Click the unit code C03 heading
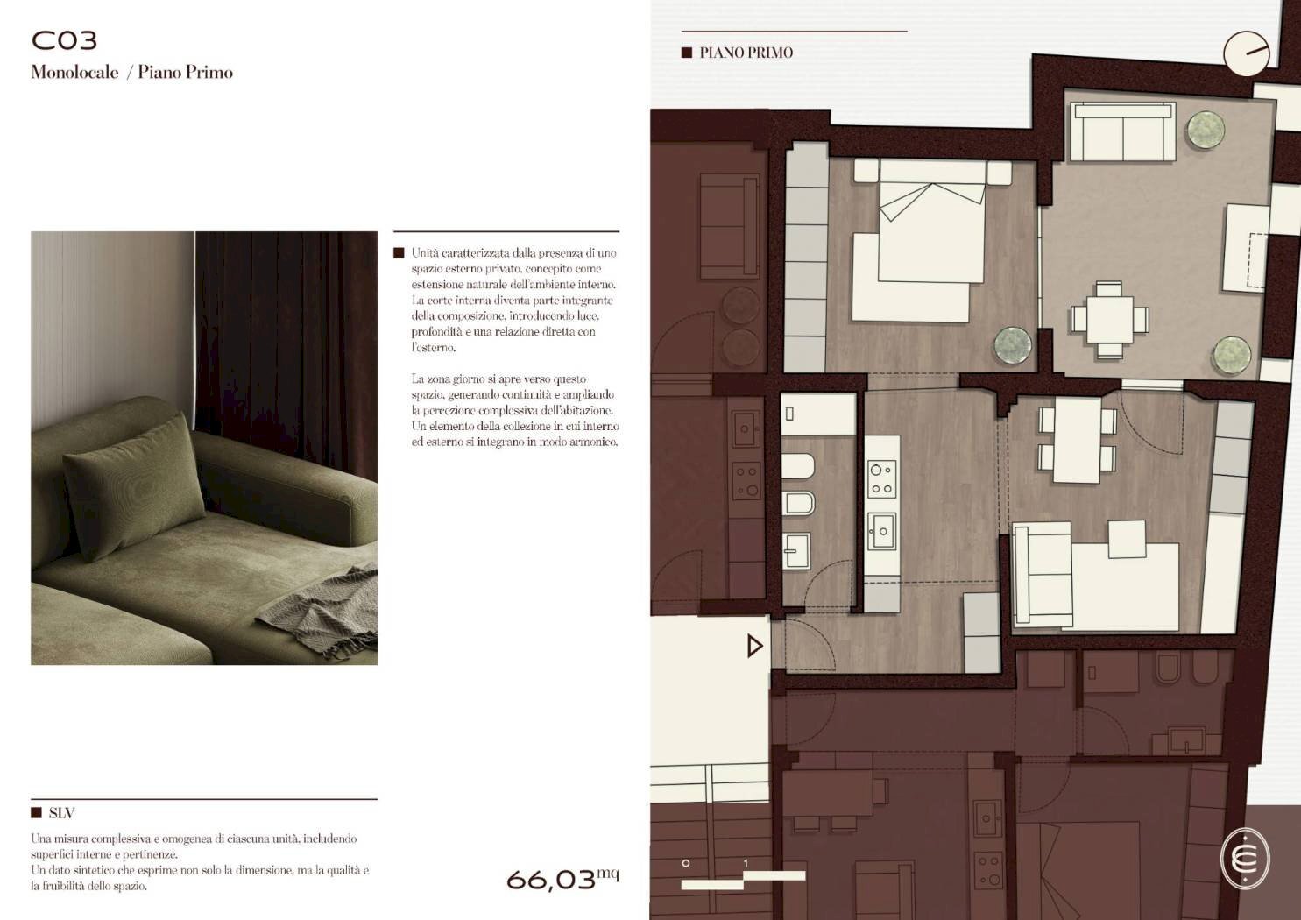click(x=64, y=40)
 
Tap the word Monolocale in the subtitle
click(x=75, y=73)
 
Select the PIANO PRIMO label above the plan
click(x=746, y=53)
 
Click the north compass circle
click(x=1247, y=53)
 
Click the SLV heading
click(x=61, y=813)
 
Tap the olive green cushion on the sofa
click(x=133, y=486)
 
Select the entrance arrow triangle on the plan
click(x=754, y=646)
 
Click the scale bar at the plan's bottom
click(x=743, y=880)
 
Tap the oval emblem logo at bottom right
click(x=1245, y=859)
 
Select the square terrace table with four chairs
click(x=1110, y=320)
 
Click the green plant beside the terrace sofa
click(x=1206, y=130)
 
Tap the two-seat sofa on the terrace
click(x=1122, y=131)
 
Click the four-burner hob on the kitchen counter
click(x=881, y=479)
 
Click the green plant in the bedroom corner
click(x=1013, y=345)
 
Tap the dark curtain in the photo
click(x=286, y=354)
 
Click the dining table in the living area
click(x=1078, y=440)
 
